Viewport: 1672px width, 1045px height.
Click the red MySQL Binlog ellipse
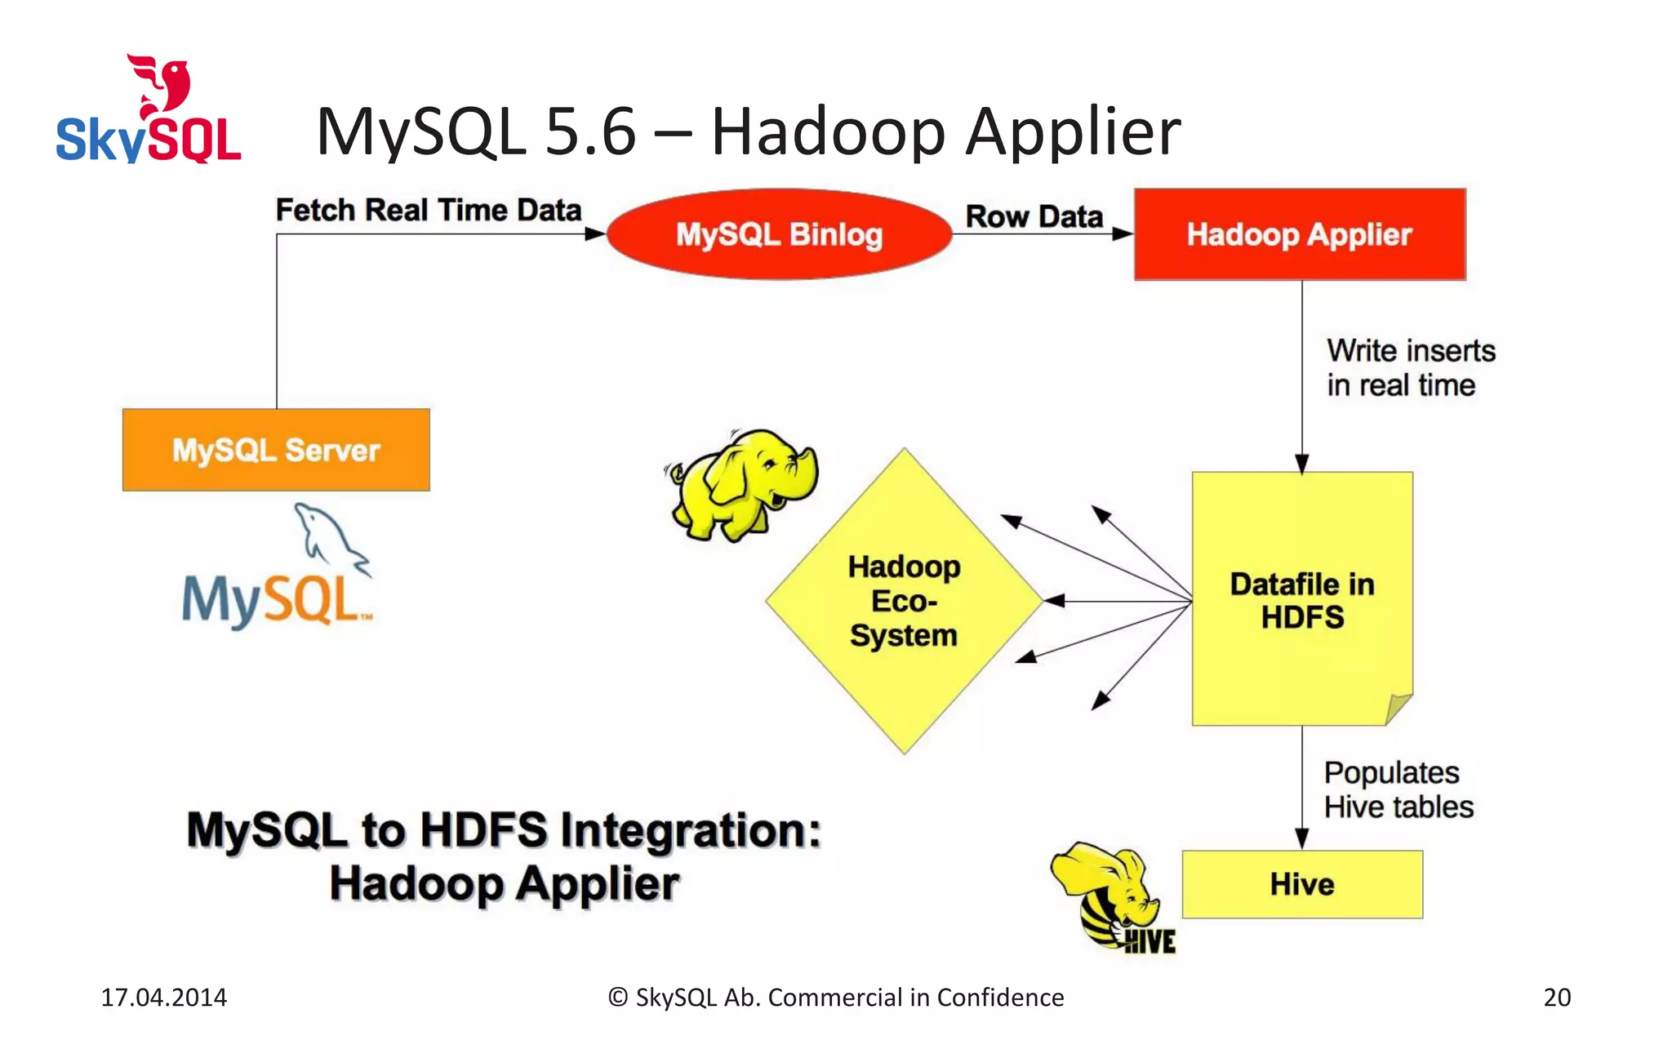(779, 234)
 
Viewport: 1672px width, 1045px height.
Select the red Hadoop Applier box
(1299, 234)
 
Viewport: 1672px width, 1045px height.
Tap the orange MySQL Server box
(276, 450)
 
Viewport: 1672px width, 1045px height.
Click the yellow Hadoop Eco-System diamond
(904, 601)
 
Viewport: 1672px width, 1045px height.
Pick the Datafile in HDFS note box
(1301, 600)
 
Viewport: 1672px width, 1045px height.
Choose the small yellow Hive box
(1301, 884)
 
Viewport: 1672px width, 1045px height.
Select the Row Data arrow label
(1034, 216)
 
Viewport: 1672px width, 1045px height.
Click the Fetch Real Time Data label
(428, 210)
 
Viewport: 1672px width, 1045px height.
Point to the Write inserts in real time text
(1410, 367)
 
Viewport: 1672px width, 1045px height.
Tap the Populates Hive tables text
(1398, 789)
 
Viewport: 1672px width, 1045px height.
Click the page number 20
(1556, 997)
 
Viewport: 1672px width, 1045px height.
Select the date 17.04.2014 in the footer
(163, 997)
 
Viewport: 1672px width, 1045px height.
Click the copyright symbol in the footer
(618, 998)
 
